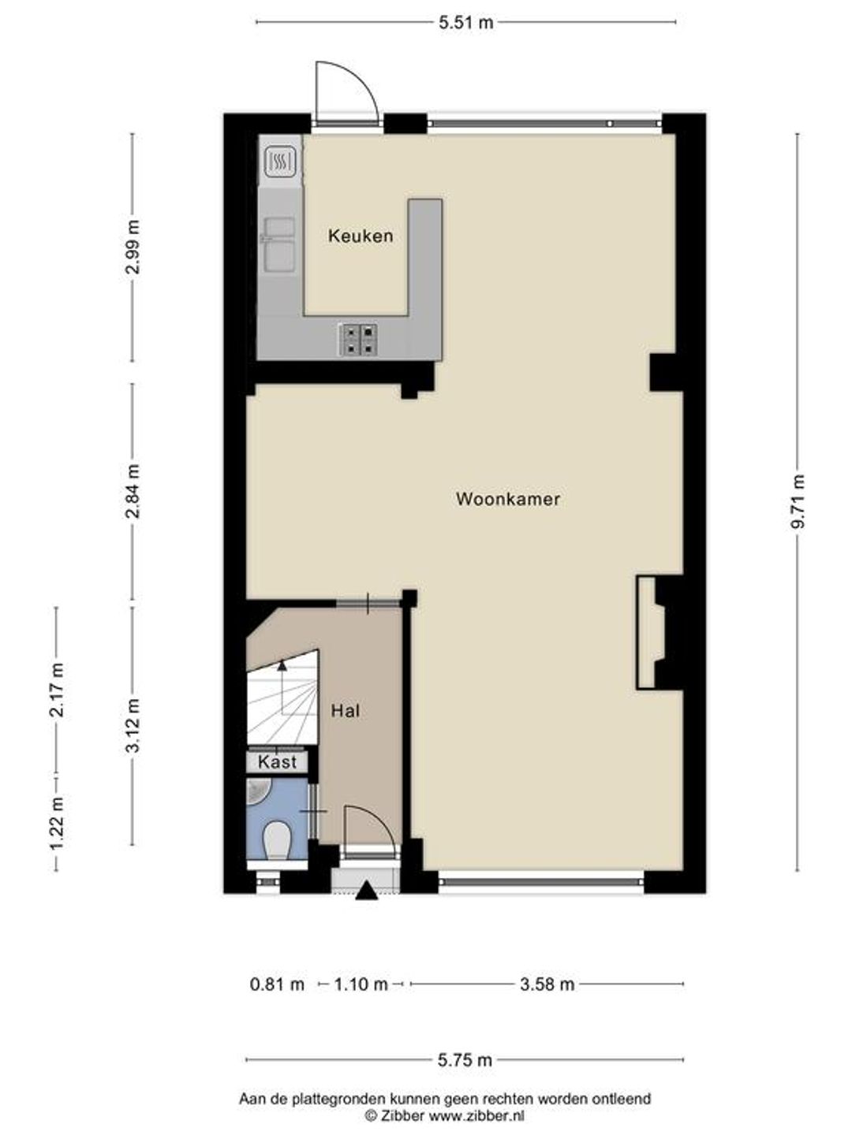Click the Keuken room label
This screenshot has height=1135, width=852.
[x=361, y=236]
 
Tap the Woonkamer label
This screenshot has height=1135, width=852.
[x=508, y=499]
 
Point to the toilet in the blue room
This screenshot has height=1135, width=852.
[x=277, y=841]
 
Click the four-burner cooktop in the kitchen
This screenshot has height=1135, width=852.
[x=357, y=340]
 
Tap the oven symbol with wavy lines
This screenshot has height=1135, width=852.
[x=281, y=161]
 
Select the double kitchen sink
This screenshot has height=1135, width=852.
[x=280, y=244]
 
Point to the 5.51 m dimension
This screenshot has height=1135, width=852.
[x=466, y=22]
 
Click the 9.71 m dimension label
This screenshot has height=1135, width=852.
[x=800, y=501]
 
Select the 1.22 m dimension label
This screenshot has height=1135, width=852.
[x=57, y=822]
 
